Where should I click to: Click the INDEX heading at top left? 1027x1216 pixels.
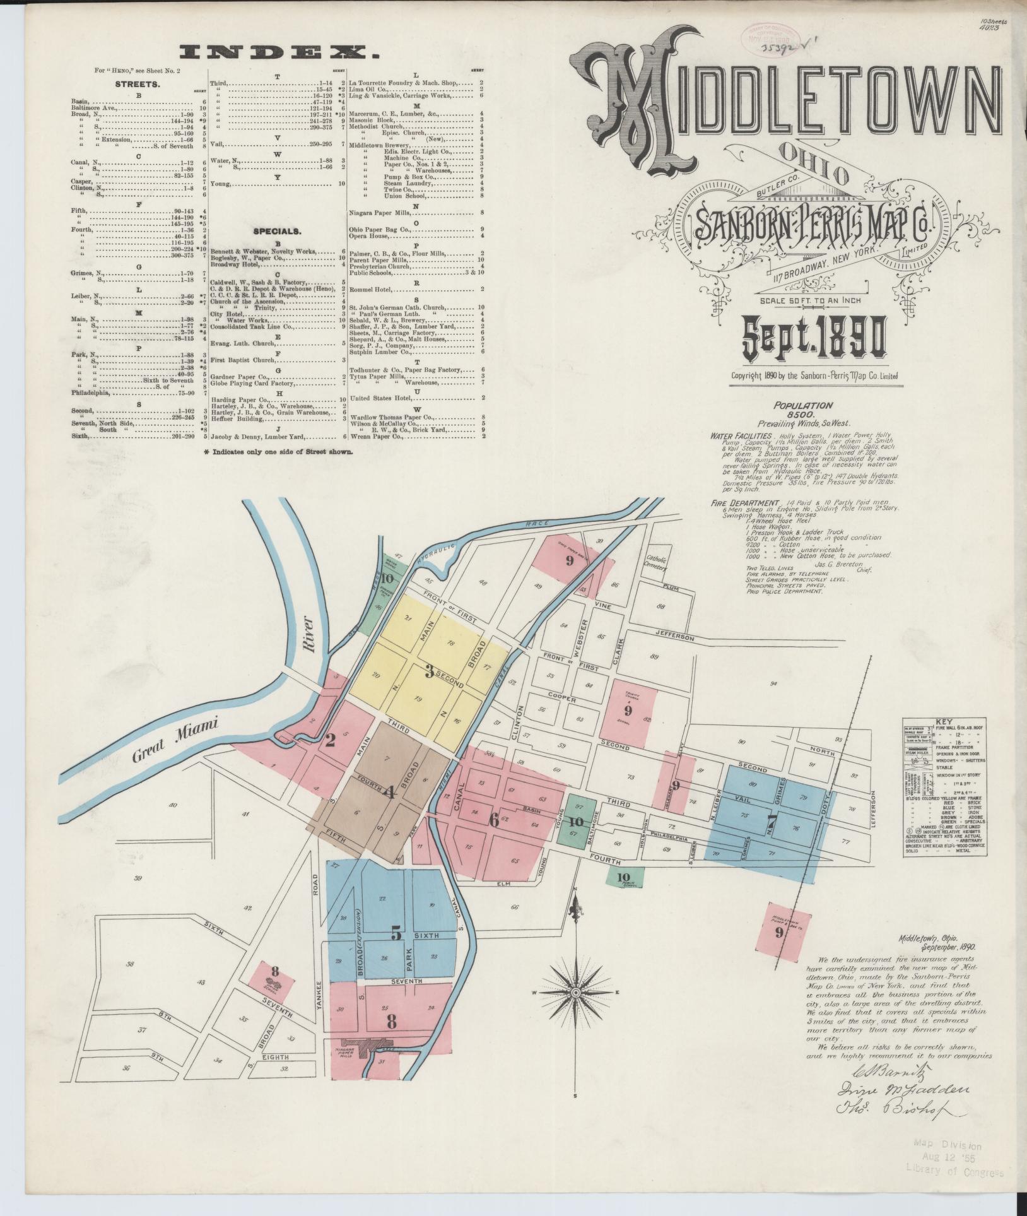click(x=279, y=52)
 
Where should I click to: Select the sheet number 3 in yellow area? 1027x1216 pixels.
click(x=429, y=673)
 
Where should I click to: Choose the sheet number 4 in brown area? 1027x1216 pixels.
click(x=390, y=791)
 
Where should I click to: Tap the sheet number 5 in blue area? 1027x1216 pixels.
click(x=396, y=933)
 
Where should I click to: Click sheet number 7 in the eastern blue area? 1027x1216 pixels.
click(x=771, y=820)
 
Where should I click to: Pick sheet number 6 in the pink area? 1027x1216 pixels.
click(x=494, y=820)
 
